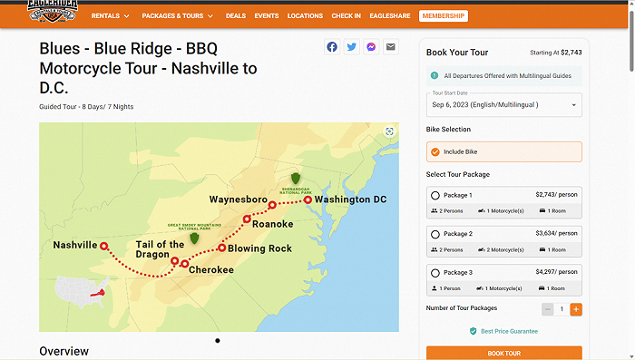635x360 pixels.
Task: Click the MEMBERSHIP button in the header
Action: click(x=444, y=15)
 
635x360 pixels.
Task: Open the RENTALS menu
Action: click(x=111, y=15)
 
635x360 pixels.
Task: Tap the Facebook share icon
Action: click(x=332, y=47)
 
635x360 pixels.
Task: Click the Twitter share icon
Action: click(x=352, y=47)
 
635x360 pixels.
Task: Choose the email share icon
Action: click(x=391, y=47)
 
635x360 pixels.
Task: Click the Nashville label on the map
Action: click(x=74, y=245)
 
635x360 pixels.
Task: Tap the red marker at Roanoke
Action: click(x=247, y=219)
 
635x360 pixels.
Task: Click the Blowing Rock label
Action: click(x=259, y=248)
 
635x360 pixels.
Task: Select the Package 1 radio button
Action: click(x=435, y=195)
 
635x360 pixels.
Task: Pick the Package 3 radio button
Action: click(x=435, y=273)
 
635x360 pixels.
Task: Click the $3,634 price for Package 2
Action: click(x=557, y=233)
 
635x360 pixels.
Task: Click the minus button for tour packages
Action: click(x=547, y=309)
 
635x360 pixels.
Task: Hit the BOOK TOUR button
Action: click(x=503, y=353)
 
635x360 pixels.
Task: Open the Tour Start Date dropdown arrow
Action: click(x=573, y=105)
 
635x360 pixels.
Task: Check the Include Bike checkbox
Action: click(x=435, y=151)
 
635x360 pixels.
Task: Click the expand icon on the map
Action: click(x=390, y=131)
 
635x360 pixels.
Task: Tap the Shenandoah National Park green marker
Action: click(x=295, y=180)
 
